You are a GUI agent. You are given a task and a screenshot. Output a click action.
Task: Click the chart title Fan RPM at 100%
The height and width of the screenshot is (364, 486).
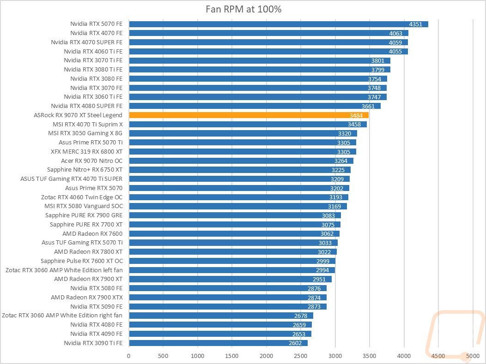[x=243, y=9]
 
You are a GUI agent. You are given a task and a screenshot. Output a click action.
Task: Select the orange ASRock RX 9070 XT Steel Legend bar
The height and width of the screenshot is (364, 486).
[x=249, y=115]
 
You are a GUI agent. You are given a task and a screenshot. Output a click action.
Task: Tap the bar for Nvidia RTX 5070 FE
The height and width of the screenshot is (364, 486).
[x=279, y=24]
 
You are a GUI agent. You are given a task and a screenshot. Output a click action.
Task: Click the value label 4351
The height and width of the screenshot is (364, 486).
[x=416, y=24]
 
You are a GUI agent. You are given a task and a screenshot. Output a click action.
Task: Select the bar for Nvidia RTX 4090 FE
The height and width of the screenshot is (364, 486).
[x=220, y=334]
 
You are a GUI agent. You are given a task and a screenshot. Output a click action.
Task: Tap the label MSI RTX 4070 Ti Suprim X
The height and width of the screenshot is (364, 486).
[x=88, y=124]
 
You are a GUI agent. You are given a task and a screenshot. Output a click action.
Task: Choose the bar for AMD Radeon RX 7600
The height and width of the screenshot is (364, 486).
[x=234, y=233]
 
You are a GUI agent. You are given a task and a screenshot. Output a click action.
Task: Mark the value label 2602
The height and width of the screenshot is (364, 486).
[x=295, y=343]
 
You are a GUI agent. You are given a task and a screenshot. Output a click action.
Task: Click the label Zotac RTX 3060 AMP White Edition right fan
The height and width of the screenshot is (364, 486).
[x=62, y=316]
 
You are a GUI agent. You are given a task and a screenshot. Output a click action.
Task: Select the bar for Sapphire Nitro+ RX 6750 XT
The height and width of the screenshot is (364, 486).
[x=240, y=170]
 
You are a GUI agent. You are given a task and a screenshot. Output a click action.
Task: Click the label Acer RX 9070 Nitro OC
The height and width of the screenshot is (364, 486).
[x=91, y=161]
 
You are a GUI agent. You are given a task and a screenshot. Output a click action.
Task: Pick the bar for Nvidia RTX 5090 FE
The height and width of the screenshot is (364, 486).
[x=228, y=306]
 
